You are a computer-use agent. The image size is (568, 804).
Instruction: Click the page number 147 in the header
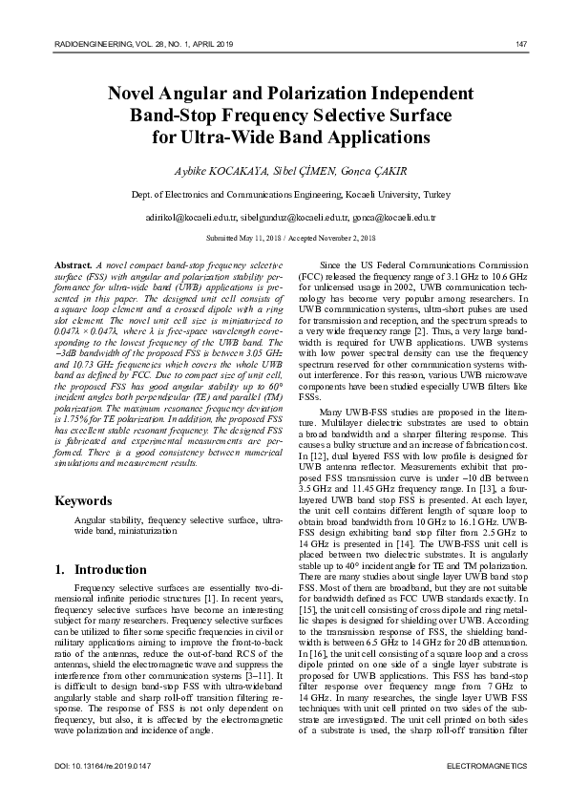521,44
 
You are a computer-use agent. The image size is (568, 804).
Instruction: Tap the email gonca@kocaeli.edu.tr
368,218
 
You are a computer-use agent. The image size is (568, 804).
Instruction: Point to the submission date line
284,237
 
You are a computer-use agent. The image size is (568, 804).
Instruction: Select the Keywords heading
83,500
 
